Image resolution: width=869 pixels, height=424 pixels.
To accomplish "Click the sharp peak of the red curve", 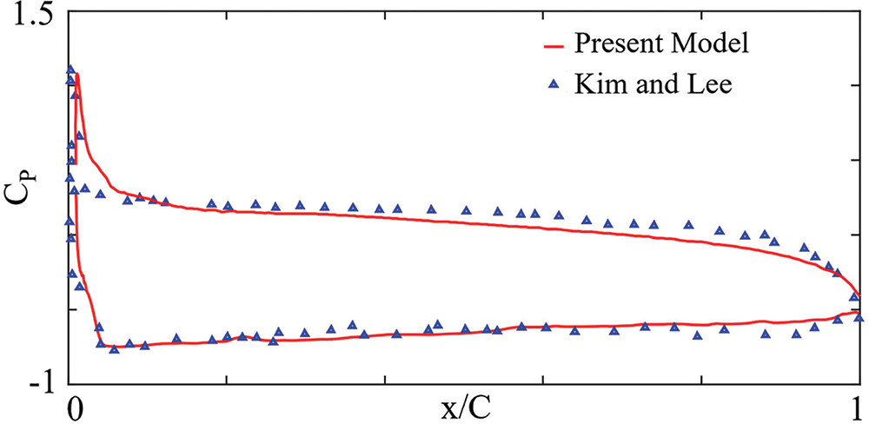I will click(x=77, y=75).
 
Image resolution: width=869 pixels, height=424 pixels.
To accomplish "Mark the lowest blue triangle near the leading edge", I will click(x=114, y=348).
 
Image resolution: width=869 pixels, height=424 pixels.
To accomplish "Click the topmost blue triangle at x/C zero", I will click(x=70, y=70).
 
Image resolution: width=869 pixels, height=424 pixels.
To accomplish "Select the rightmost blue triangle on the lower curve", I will click(x=859, y=317).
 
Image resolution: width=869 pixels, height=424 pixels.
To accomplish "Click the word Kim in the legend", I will click(x=594, y=83).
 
